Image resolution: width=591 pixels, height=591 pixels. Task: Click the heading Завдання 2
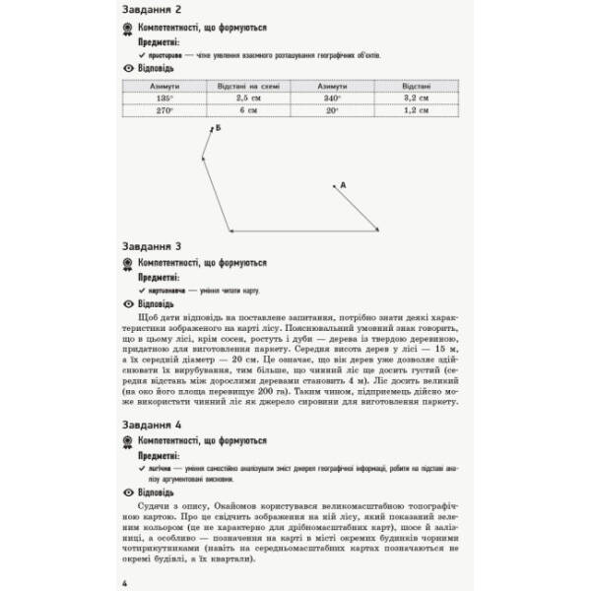[x=158, y=12]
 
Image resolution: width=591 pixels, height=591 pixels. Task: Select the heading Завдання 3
[x=158, y=246]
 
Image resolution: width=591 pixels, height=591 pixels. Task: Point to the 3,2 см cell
[x=417, y=98]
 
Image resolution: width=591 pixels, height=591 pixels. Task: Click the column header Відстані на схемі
[x=242, y=86]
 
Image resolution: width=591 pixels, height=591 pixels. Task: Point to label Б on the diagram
[x=218, y=129]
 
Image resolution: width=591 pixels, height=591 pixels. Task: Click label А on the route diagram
[x=343, y=184]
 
